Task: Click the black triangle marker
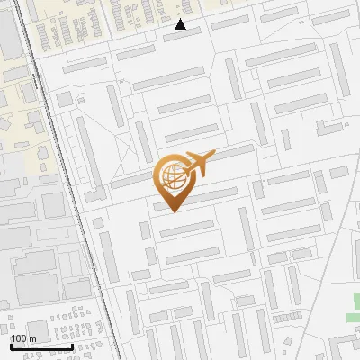[x=181, y=25]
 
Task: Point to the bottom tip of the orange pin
[x=172, y=212]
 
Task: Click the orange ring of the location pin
[x=157, y=171]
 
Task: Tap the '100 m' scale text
[x=23, y=338]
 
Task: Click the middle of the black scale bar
[x=41, y=346]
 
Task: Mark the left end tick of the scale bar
[x=11, y=346]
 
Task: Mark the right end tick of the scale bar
[x=72, y=346]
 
